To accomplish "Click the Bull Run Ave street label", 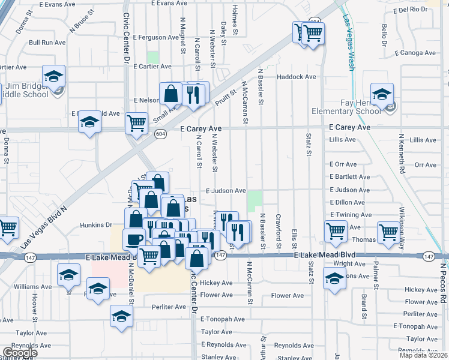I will click(47, 43).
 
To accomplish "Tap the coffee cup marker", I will click(133, 239).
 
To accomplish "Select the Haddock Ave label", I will click(296, 77).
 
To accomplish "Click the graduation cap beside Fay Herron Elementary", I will click(382, 94).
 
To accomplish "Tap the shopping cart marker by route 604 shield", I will click(137, 124).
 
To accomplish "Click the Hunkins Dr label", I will click(95, 226).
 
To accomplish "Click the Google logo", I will click(20, 353).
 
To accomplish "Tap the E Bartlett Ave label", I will click(349, 177).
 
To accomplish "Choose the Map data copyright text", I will click(424, 355).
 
